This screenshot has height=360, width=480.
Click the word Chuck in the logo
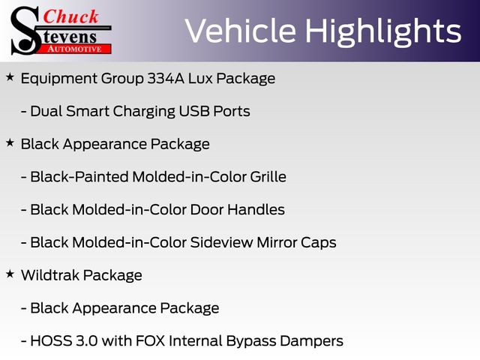pyautogui.click(x=70, y=16)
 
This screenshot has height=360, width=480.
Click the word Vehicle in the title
pyautogui.click(x=241, y=31)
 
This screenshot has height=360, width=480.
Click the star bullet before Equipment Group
pyautogui.click(x=10, y=77)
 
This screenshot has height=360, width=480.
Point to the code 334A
pyautogui.click(x=166, y=78)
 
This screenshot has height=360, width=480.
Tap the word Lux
pyautogui.click(x=200, y=78)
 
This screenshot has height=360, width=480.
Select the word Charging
pyautogui.click(x=144, y=112)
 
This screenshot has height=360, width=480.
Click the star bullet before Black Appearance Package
pyautogui.click(x=10, y=142)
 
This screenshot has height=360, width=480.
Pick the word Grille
pyautogui.click(x=268, y=177)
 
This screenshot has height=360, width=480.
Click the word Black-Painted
pyautogui.click(x=79, y=177)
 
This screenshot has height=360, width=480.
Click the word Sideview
pyautogui.click(x=221, y=242)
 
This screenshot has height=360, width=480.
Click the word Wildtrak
pyautogui.click(x=50, y=275)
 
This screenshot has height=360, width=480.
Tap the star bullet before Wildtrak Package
pyautogui.click(x=10, y=274)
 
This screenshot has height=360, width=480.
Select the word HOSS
pyautogui.click(x=51, y=340)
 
